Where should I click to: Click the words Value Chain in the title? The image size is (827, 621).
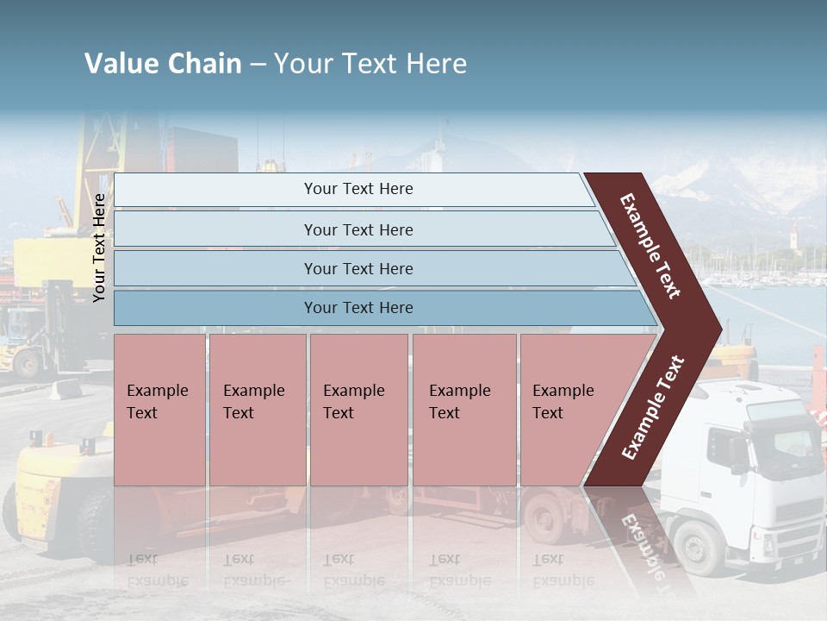pos(163,64)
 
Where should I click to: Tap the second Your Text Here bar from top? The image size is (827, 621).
pos(358,229)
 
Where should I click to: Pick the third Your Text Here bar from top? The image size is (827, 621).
pos(358,268)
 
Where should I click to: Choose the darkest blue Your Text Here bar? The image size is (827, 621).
pos(358,308)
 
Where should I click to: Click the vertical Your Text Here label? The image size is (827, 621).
pos(100,248)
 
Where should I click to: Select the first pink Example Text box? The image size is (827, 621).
pos(159,409)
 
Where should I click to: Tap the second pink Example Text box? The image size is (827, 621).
pos(257,409)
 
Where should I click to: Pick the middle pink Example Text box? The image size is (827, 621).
pos(358,409)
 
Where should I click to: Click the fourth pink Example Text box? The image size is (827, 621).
pos(463,409)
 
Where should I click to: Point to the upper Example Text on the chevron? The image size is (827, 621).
pos(650,245)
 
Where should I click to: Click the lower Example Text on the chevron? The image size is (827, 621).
pos(653,408)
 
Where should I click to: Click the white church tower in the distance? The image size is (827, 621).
pos(793,236)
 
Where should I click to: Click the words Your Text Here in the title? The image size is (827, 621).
pos(370,64)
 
